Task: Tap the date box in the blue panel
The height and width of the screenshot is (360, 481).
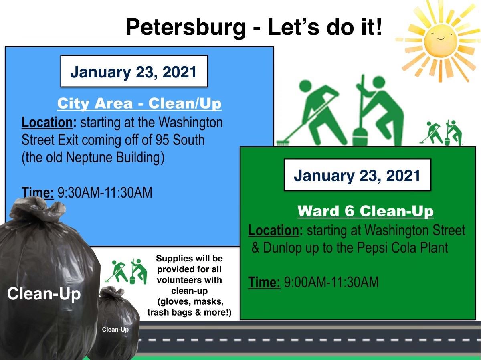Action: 133,71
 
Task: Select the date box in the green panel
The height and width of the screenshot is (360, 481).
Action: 357,175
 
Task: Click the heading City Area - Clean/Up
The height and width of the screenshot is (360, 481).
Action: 139,103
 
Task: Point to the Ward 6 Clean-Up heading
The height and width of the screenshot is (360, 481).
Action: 365,211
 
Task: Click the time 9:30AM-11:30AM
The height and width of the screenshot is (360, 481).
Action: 105,193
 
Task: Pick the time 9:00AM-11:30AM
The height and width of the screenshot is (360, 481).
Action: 331,282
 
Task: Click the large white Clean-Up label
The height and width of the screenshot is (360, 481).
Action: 44,294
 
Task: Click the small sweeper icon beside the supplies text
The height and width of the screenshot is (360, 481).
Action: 126,271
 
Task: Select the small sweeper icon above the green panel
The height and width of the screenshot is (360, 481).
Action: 441,132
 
